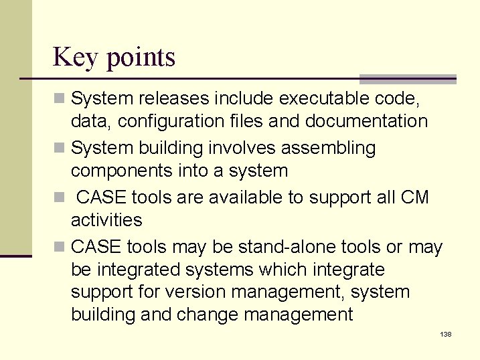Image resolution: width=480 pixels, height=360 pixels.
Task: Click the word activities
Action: pyautogui.click(x=106, y=220)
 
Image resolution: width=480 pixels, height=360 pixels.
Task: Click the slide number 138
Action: pyautogui.click(x=445, y=333)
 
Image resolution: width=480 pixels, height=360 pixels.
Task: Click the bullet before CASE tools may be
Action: pyautogui.click(x=60, y=248)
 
